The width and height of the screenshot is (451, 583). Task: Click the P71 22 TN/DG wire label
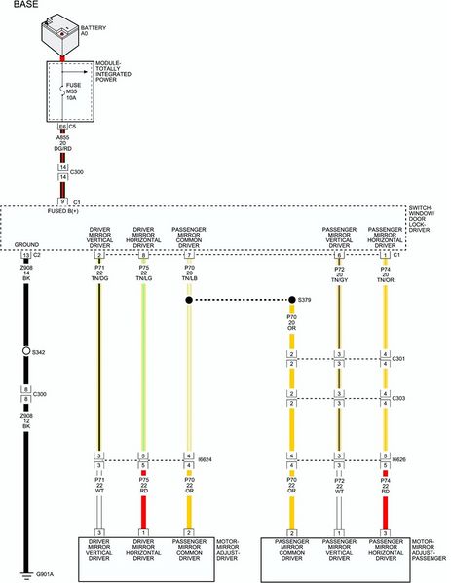click(x=99, y=272)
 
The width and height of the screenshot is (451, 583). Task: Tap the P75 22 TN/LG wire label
click(x=144, y=272)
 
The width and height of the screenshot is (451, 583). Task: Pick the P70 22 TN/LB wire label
click(x=189, y=272)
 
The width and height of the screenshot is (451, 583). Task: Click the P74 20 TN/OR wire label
click(x=386, y=272)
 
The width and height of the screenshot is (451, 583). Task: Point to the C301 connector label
click(x=397, y=358)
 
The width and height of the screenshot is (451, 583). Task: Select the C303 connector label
click(x=397, y=399)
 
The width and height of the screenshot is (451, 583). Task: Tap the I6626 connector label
click(x=399, y=458)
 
